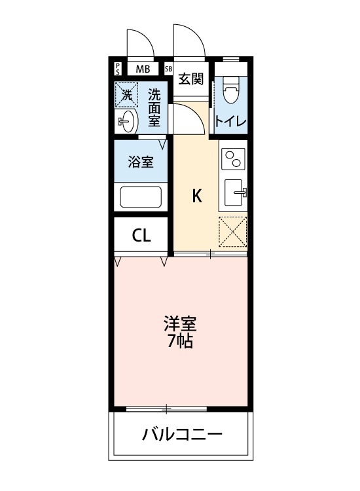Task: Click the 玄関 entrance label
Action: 191,79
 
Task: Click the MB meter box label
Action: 143,68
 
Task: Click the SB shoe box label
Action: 168,68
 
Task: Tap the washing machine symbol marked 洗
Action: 127,94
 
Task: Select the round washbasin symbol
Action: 127,120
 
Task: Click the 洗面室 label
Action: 154,107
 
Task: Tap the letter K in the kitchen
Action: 196,195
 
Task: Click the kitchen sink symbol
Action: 234,192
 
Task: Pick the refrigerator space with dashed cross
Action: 233,231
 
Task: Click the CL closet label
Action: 141,236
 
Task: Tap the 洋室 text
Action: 180,323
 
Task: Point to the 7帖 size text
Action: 180,341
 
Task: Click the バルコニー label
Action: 182,434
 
